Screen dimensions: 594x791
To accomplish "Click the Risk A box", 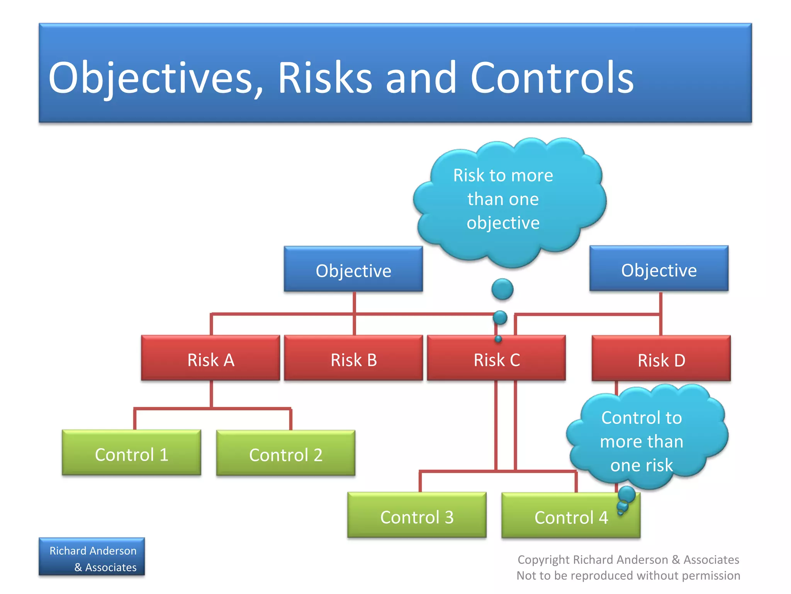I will point(210,358).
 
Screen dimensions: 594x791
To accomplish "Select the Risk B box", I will point(353,358).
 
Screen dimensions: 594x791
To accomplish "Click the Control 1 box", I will point(131,453).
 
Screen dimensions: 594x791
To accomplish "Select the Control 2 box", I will point(285,453).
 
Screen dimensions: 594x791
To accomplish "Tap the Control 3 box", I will point(417,515).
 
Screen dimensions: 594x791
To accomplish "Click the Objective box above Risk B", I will point(353,269).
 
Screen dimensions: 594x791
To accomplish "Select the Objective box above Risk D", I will point(659,269).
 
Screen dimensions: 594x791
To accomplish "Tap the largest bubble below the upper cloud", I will point(502,289).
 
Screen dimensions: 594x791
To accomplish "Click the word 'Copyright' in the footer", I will point(544,560).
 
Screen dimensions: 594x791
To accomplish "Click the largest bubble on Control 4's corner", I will point(626,494).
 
